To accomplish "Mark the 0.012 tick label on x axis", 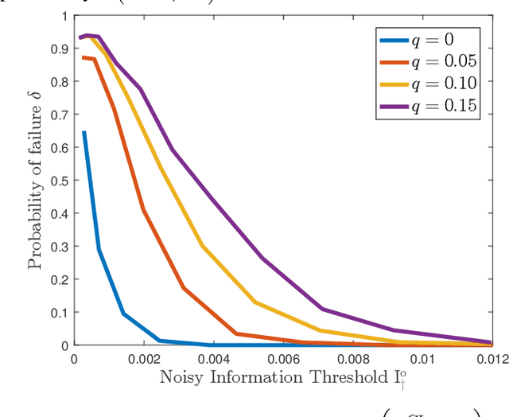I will (489, 359).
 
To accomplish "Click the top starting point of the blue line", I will (84, 132).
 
